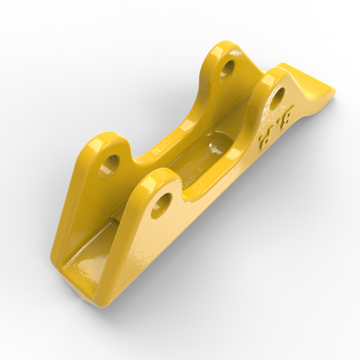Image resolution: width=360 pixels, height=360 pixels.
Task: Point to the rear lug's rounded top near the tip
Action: [225, 47]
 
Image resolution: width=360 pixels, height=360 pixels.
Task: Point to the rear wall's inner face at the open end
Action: [79, 225]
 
